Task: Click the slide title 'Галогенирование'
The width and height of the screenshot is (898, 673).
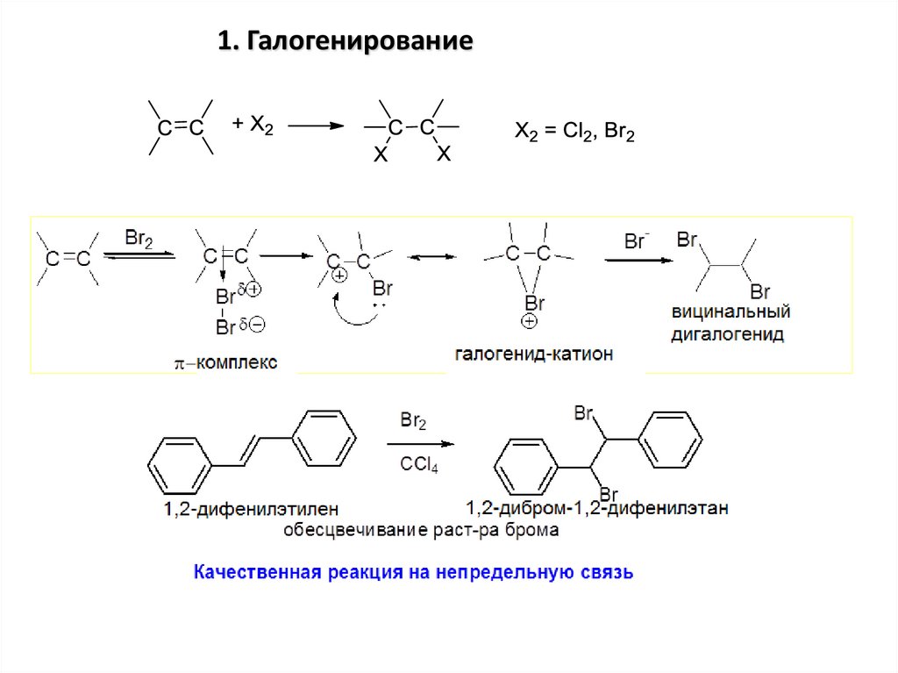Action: [x=346, y=40]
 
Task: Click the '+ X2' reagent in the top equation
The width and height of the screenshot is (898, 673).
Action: [x=253, y=125]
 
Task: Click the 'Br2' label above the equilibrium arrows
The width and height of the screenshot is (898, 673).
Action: [x=139, y=238]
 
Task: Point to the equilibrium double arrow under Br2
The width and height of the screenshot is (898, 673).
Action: [x=139, y=254]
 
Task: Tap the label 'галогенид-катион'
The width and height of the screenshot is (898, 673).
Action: [x=534, y=354]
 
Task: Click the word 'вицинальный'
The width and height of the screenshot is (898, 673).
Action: [x=731, y=312]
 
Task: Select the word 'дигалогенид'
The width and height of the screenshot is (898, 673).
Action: [x=728, y=334]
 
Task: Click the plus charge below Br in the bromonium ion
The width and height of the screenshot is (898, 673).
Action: [x=530, y=322]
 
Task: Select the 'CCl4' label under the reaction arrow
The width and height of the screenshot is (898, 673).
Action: [x=418, y=466]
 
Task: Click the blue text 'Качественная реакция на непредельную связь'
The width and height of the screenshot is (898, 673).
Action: [x=413, y=574]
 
